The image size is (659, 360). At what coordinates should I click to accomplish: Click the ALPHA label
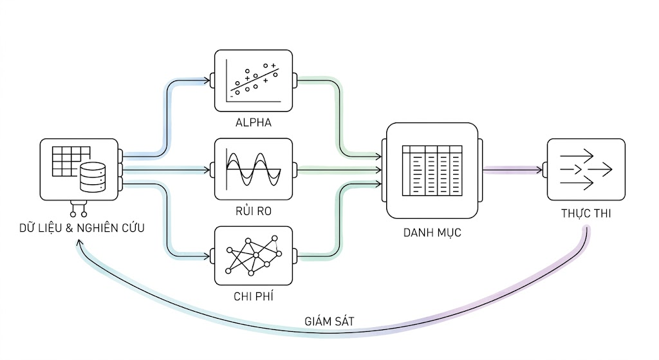[254, 122]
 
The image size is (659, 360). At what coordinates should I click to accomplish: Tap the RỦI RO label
[254, 211]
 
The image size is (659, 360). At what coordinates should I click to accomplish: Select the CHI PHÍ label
[254, 296]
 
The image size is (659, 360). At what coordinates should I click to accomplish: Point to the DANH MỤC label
[432, 232]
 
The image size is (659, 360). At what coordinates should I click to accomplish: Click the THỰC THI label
[586, 213]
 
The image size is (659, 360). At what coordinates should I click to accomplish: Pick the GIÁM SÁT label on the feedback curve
[329, 321]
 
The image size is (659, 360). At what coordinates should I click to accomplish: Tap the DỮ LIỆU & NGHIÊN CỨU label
[82, 227]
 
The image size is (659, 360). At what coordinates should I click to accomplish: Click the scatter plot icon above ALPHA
[254, 81]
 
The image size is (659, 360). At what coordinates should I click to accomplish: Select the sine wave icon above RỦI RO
[254, 169]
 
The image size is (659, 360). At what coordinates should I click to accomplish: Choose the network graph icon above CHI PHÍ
[254, 256]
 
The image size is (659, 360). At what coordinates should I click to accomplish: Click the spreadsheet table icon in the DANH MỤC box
[432, 170]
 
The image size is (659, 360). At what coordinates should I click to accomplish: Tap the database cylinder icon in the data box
[93, 177]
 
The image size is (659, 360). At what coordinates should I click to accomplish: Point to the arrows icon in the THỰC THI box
[586, 169]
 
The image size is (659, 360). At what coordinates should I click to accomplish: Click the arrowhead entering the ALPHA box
[207, 81]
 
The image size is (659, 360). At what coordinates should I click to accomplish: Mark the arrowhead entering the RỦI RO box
[207, 170]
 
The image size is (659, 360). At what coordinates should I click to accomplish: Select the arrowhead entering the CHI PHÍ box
[207, 256]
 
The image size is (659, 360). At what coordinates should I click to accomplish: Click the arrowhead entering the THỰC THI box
[539, 170]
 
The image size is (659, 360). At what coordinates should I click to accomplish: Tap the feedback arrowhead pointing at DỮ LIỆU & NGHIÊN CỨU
[79, 243]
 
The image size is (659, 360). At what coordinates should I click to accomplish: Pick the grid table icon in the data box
[69, 161]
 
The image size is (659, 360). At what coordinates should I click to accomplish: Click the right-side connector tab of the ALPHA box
[295, 81]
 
